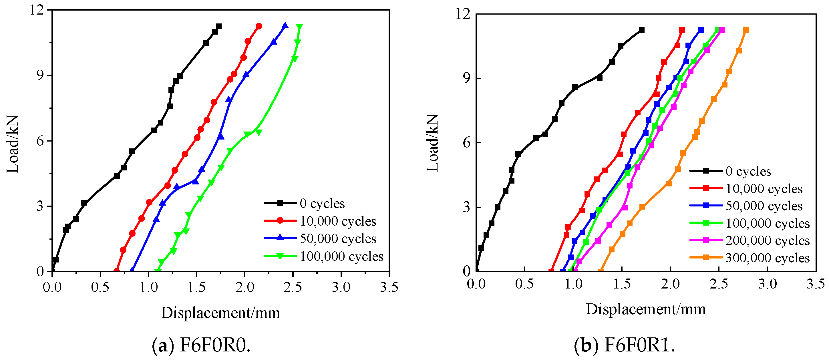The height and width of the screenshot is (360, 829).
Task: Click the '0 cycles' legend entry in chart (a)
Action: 304,203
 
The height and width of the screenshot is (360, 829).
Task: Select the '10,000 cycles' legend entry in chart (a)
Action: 320,221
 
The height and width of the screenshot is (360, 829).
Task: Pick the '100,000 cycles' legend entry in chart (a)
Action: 323,256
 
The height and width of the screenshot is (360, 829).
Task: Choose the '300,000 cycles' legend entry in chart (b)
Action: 750,258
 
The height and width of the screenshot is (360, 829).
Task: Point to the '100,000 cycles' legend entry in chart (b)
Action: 750,223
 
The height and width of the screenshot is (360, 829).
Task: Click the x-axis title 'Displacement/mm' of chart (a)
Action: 221,313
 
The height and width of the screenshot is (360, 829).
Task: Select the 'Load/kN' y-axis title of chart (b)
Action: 433,143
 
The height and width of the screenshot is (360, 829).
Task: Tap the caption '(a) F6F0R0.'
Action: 201,345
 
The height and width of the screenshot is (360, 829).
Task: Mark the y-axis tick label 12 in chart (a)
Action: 37,10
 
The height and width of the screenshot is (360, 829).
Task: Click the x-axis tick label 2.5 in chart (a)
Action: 293,287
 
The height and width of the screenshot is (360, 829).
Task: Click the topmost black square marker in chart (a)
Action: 219,26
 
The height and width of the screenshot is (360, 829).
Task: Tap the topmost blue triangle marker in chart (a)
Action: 285,26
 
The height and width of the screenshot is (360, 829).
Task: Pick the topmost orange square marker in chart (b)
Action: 746,30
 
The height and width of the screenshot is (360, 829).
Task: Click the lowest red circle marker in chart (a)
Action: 116,271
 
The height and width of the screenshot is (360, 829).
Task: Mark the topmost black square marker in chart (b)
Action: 642,30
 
